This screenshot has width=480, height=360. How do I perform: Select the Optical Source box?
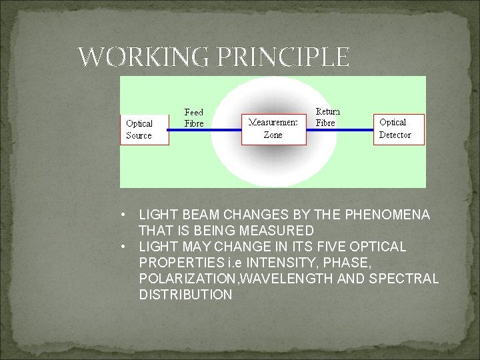coord(145,129)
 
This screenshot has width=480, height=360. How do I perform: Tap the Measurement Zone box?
coord(274,129)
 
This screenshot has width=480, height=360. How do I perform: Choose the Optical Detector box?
coord(399,129)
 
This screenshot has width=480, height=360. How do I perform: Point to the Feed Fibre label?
coord(194,118)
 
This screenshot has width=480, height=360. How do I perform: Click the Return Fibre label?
coord(327,117)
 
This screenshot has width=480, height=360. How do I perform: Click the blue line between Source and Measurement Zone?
coord(205,129)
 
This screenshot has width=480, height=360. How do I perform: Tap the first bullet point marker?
coord(124,215)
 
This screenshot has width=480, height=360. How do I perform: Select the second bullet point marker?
coord(124,247)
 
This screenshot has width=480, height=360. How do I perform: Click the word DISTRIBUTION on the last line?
coord(185,295)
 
